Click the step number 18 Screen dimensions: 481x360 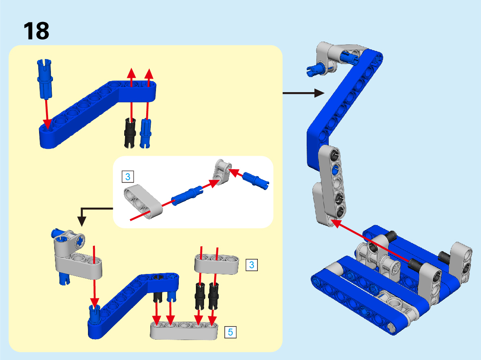[x=36, y=31]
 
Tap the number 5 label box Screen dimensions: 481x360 [x=231, y=332]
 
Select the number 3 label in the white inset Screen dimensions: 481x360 [x=128, y=177]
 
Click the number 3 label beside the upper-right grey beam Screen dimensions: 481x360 [x=252, y=265]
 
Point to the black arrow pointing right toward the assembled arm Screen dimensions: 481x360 [x=303, y=93]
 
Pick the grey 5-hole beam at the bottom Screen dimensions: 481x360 [x=184, y=331]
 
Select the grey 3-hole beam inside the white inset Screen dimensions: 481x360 [x=143, y=201]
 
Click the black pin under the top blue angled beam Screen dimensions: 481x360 [x=130, y=133]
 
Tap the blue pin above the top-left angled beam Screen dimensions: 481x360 [x=45, y=79]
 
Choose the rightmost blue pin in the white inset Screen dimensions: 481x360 [x=255, y=181]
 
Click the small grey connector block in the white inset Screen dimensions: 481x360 [x=222, y=172]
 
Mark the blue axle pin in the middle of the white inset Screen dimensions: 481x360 [x=187, y=196]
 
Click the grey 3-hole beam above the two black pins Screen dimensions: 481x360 [x=217, y=264]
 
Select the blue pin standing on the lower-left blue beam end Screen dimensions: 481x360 [x=94, y=314]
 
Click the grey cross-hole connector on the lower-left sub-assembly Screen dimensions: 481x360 [x=69, y=242]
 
